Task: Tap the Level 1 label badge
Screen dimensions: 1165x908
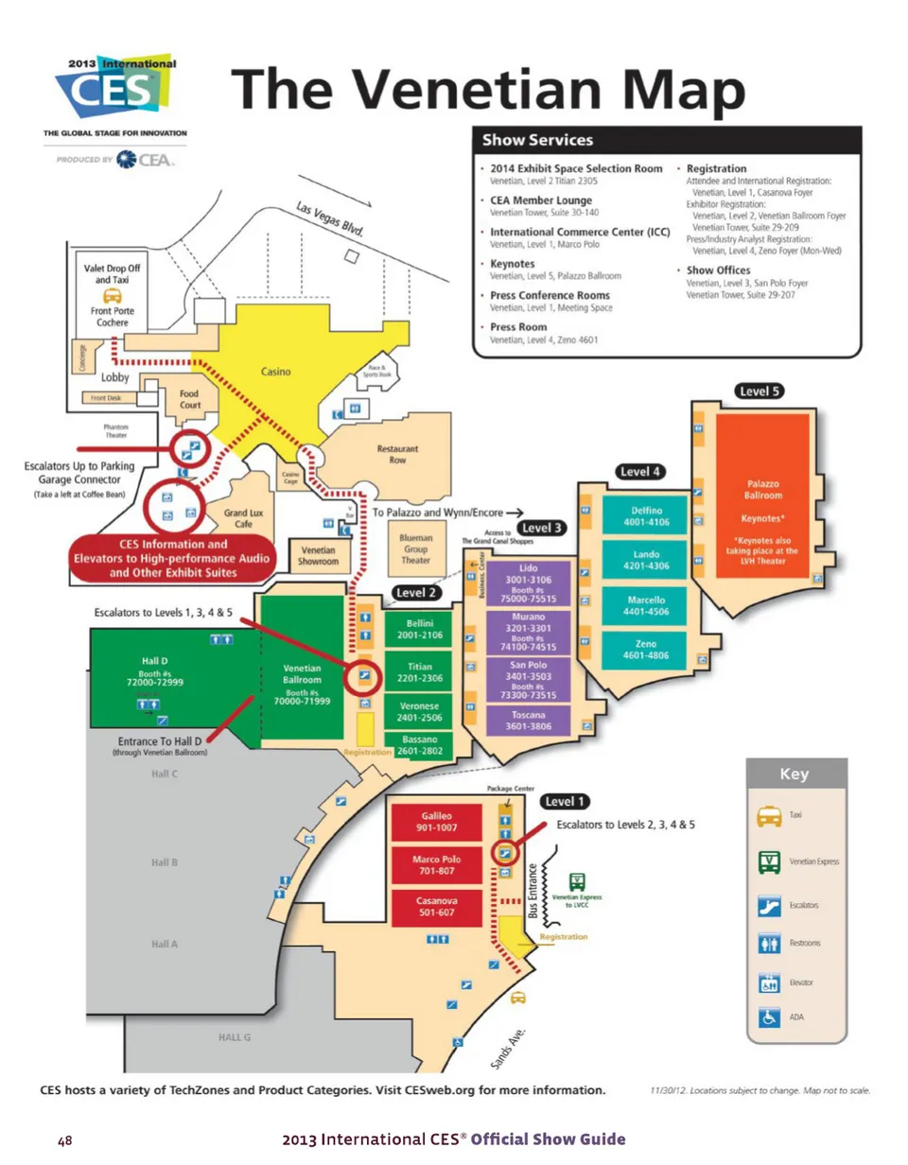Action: [565, 801]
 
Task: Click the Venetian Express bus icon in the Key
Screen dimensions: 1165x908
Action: [768, 862]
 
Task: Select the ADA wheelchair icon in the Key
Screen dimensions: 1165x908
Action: [768, 1021]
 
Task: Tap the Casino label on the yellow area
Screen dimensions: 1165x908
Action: [274, 373]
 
